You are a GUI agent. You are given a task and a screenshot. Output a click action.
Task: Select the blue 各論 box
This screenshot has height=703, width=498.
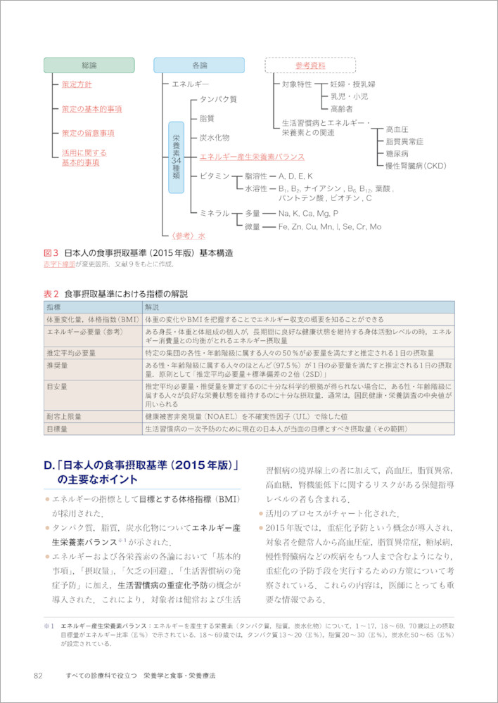199,65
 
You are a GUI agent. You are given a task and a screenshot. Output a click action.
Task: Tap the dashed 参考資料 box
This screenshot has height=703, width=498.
310,65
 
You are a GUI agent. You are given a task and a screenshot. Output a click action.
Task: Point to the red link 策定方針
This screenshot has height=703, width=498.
77,84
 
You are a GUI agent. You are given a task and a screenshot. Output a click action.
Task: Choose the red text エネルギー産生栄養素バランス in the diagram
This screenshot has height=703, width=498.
252,157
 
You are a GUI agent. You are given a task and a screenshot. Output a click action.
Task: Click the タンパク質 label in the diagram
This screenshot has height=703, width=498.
218,100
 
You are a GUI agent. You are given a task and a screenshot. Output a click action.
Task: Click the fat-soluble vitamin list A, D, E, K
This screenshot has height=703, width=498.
295,175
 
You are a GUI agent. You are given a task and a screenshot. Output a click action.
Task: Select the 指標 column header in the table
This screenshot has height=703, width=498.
54,308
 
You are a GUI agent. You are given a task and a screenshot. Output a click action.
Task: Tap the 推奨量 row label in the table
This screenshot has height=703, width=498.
56,366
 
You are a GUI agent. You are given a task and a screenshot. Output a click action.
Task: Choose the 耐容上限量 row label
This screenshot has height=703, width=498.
63,416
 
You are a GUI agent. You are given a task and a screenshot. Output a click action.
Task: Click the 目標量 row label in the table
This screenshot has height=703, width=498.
56,427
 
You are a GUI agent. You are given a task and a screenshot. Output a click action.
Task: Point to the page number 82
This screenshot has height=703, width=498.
39,676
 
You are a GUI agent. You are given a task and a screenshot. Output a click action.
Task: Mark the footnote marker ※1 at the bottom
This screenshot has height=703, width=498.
49,624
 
